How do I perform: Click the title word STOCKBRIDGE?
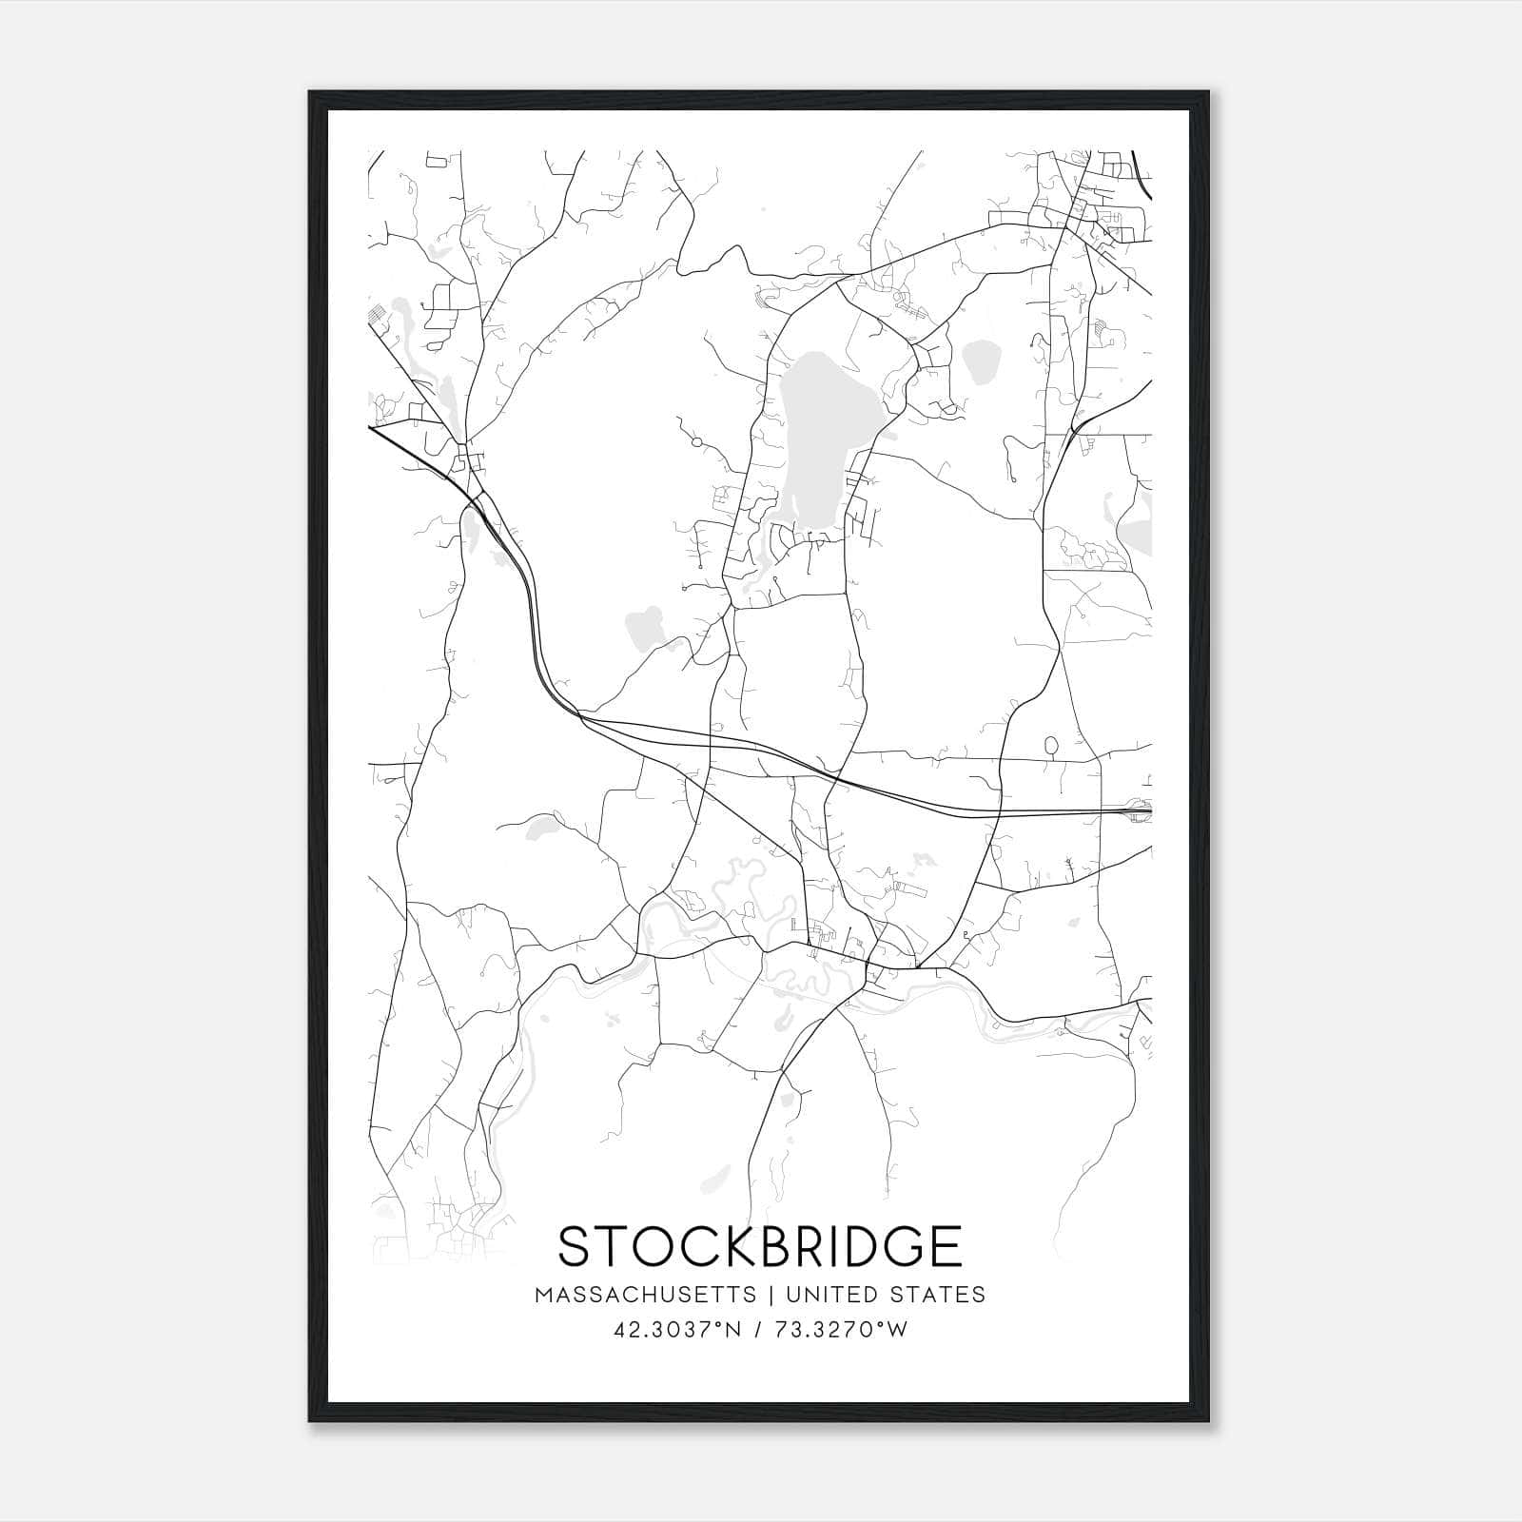click(759, 1246)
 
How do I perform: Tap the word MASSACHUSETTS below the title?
click(646, 1295)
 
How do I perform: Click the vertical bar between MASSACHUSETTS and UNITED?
click(771, 1295)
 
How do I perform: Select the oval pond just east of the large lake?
click(979, 362)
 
